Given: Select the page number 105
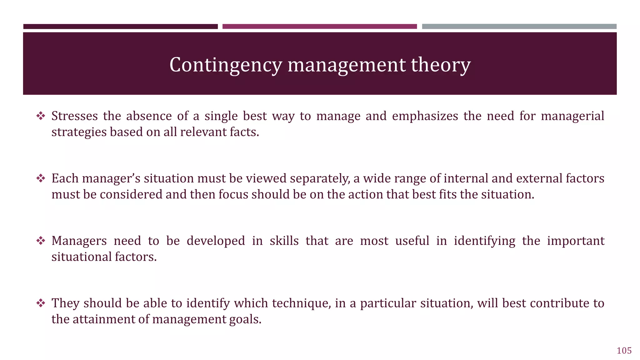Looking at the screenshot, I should point(624,351).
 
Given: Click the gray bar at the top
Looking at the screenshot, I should point(519,27).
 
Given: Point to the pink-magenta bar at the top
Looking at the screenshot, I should point(319,27).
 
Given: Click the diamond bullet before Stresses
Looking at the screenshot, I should point(41,116).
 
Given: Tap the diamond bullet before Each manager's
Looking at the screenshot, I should point(41,179).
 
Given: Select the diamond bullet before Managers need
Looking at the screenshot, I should point(41,241).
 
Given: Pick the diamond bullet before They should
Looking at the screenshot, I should point(41,303).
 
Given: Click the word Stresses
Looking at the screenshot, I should point(75,116).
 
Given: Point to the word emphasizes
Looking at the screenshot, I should point(425,116).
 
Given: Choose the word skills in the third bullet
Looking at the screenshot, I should point(284,241).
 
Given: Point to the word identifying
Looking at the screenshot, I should point(484,241).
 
